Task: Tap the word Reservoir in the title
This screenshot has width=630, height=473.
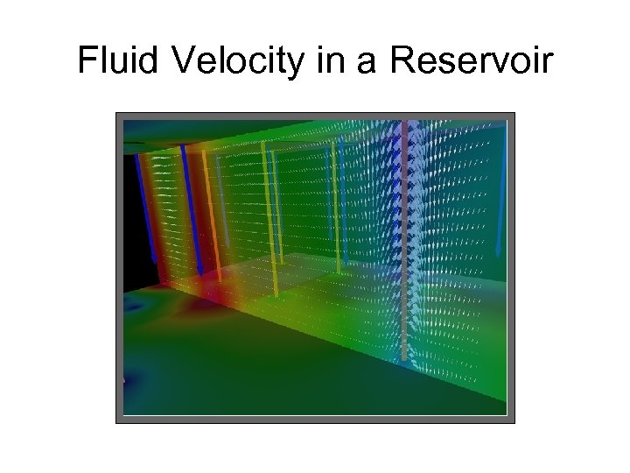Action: [473, 60]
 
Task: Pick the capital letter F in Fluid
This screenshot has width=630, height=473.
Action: [86, 60]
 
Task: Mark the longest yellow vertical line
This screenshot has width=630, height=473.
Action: [266, 219]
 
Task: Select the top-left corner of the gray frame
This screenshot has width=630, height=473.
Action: [117, 114]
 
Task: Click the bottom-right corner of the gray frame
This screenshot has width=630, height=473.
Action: [514, 422]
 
